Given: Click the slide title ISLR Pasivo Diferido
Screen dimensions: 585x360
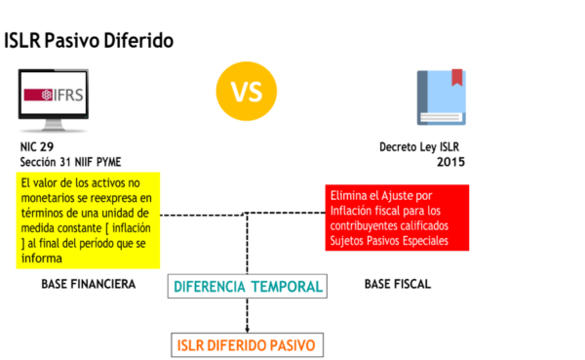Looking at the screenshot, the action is (x=89, y=40).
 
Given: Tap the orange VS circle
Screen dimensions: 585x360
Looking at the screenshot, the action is (x=247, y=91).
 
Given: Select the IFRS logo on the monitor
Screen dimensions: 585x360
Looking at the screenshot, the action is (x=54, y=95).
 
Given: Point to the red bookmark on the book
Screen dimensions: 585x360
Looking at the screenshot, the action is (x=457, y=77).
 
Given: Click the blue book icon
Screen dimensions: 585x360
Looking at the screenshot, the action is (x=442, y=98).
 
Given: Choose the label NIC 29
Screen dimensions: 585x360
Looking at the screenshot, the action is (x=37, y=146).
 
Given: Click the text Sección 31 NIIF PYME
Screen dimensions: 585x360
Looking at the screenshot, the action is (x=70, y=162).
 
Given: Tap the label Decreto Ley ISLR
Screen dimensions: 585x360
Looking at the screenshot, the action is (x=419, y=146).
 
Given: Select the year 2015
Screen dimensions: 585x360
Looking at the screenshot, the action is (x=450, y=162).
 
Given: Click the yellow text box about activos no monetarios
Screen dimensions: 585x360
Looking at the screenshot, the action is (x=88, y=220).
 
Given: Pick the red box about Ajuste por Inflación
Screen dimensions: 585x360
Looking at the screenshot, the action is (x=397, y=218).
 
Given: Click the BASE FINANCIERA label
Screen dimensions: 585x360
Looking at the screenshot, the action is (x=89, y=284).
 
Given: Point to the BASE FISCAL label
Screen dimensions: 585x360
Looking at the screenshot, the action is (x=398, y=284).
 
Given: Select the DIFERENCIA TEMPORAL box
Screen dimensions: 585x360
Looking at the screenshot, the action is (x=248, y=287).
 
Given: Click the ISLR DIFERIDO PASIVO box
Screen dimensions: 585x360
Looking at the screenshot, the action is (x=247, y=345).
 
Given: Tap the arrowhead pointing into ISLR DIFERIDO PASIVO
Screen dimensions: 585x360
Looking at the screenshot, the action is (x=247, y=330).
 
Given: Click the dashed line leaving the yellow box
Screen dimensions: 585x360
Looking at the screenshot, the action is (x=203, y=215).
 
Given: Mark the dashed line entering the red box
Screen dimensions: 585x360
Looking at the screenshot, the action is (x=286, y=213).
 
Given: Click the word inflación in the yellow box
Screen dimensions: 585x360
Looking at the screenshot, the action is (x=132, y=227).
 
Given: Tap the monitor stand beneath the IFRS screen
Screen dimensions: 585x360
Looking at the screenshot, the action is (x=53, y=126).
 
